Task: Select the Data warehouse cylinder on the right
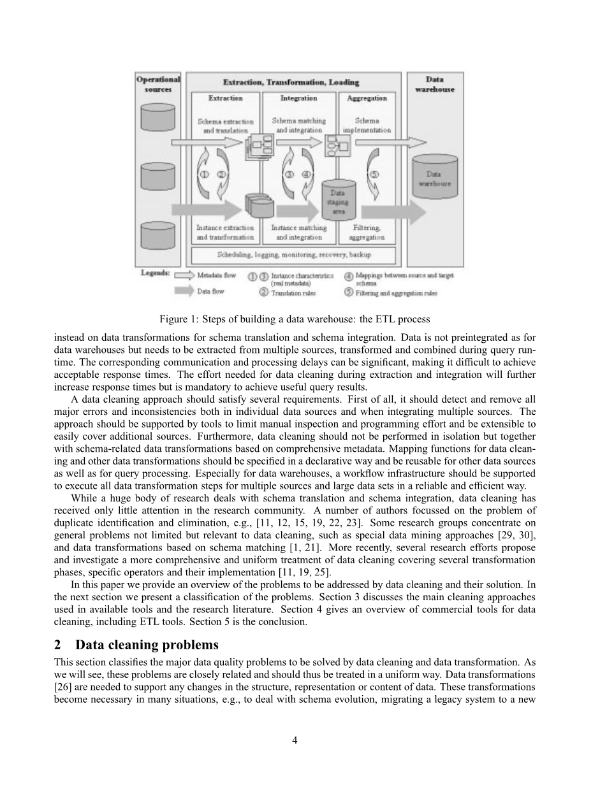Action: [434, 178]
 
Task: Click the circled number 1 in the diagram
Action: [205, 174]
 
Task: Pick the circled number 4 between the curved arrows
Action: [305, 174]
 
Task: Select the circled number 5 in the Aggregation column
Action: [374, 174]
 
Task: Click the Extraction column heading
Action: [226, 98]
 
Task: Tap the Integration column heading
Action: [298, 98]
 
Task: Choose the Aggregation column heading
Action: [367, 98]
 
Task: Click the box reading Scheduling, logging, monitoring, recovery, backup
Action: [294, 255]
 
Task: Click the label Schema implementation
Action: [367, 125]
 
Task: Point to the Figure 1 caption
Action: [295, 319]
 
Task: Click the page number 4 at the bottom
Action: [295, 740]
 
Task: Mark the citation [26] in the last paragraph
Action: [64, 686]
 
